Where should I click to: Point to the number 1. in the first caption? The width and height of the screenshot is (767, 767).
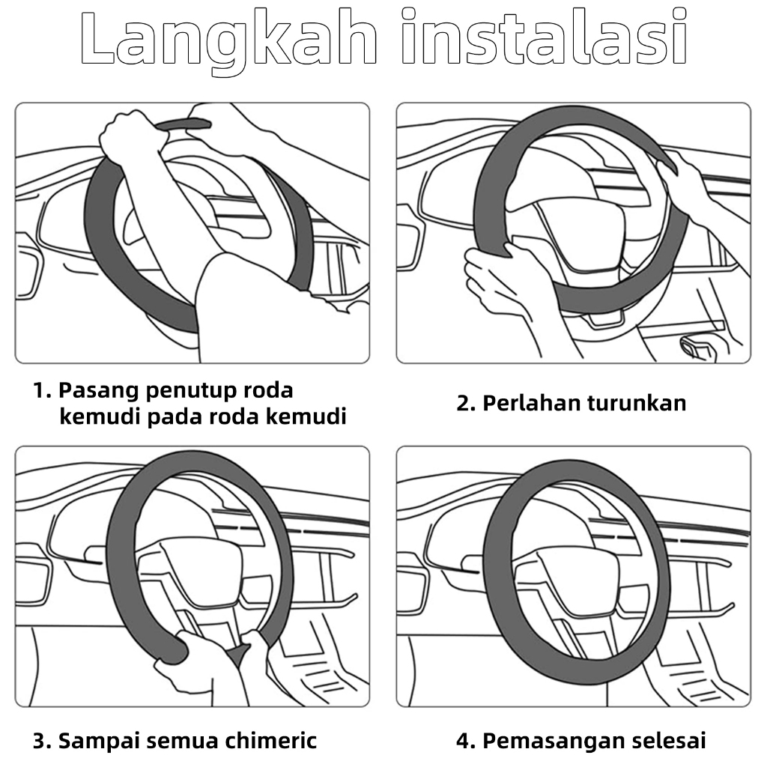coord(42,391)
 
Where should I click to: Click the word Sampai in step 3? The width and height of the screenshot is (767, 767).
coord(99,742)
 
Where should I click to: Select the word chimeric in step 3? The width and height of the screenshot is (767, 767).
coord(270,741)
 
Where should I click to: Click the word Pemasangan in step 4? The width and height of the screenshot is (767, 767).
coord(554,742)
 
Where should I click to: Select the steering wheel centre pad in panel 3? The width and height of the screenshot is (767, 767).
coord(201,572)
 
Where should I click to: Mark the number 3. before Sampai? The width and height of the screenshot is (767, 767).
coord(42,742)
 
